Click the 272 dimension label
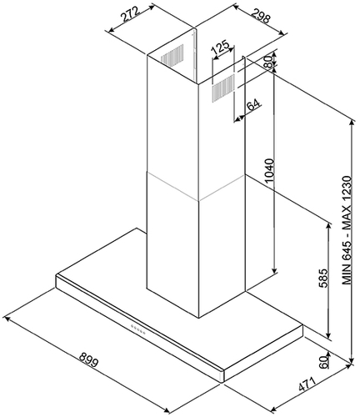click(x=130, y=14)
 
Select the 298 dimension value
click(x=262, y=16)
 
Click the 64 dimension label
click(x=254, y=105)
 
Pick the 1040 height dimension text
click(x=269, y=171)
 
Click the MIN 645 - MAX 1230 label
click(x=347, y=230)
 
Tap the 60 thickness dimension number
click(x=324, y=362)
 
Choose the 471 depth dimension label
click(x=307, y=384)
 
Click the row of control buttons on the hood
click(x=138, y=329)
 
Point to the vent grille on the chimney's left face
click(x=172, y=55)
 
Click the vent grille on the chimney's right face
click(x=223, y=88)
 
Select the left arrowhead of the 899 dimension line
click(x=6, y=318)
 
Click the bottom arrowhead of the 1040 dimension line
click(x=274, y=271)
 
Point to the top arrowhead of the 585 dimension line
click(x=329, y=226)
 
